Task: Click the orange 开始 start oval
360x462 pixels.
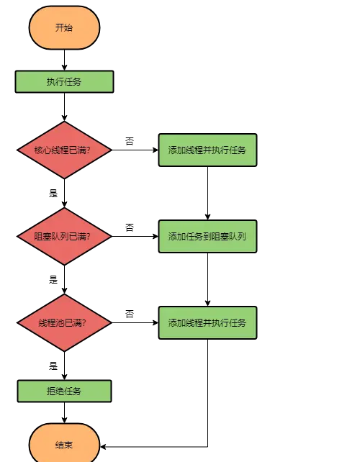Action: (x=64, y=27)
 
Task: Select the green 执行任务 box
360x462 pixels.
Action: (x=64, y=81)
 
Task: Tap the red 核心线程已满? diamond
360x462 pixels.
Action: (x=64, y=150)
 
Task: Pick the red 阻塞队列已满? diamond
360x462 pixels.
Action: (x=64, y=236)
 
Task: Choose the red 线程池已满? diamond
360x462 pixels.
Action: (x=64, y=322)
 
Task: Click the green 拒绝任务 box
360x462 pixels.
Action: (x=64, y=391)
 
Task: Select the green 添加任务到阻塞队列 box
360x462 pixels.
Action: (x=207, y=236)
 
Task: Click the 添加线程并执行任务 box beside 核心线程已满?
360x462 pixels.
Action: (x=207, y=150)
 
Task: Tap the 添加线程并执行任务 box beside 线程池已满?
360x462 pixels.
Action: (x=207, y=322)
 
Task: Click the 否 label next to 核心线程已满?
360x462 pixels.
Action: (x=130, y=141)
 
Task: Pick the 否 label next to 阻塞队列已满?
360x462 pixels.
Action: (x=130, y=227)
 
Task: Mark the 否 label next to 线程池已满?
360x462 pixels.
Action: (x=130, y=314)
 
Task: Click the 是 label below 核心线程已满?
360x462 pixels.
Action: (x=53, y=193)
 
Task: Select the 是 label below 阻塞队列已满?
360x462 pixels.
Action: (x=53, y=279)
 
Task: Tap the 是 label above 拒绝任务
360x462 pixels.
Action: (x=53, y=366)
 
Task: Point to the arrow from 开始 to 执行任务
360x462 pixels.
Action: (x=64, y=60)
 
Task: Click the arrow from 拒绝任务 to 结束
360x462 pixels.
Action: (x=64, y=412)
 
